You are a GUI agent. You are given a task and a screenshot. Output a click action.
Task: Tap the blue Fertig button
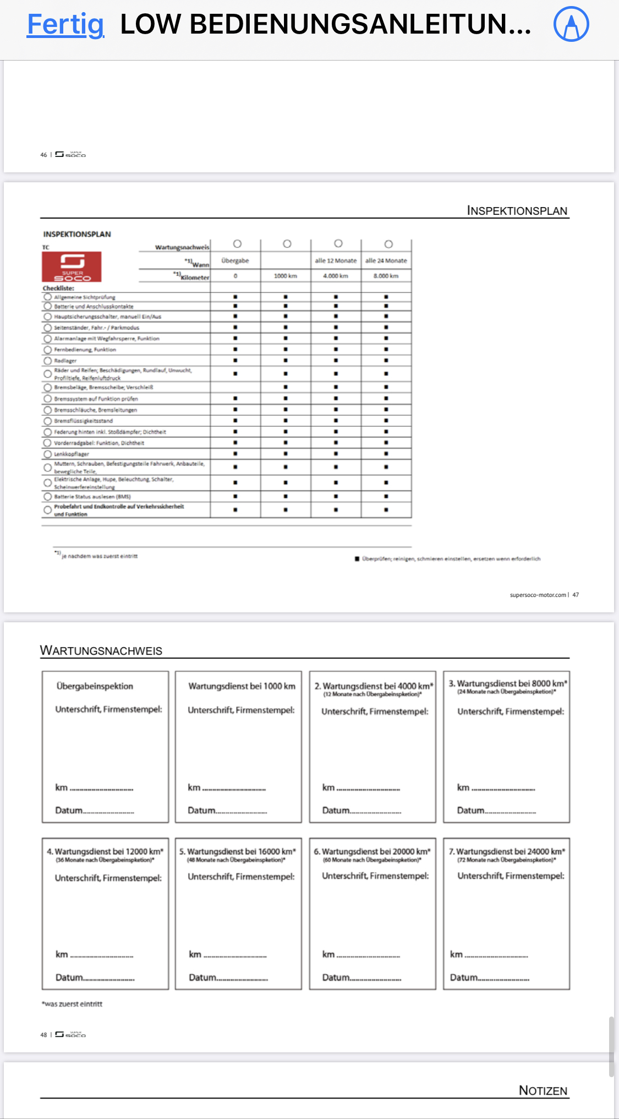65,25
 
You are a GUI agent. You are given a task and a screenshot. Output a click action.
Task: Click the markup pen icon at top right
571,24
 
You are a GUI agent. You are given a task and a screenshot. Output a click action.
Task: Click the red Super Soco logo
72,267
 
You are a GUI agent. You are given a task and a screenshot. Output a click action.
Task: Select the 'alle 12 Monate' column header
336,260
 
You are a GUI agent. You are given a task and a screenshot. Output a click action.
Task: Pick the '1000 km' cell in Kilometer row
286,276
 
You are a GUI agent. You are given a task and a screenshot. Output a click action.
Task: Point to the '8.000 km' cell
386,276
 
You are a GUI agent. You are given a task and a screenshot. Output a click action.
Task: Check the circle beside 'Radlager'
48,361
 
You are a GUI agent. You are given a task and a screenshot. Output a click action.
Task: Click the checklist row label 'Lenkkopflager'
72,454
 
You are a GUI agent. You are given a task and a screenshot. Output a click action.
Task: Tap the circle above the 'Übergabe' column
237,244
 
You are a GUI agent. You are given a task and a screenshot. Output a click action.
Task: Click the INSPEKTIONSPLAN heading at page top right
517,211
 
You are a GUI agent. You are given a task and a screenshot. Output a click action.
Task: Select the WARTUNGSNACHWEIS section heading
101,651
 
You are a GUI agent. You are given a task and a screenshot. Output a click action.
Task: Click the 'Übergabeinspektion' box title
95,686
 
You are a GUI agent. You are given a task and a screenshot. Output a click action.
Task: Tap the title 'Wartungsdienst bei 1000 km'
242,686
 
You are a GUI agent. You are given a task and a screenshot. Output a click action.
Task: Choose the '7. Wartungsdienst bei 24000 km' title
507,851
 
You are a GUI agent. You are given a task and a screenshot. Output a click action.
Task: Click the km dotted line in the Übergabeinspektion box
101,789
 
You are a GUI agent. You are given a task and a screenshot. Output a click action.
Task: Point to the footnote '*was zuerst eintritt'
72,1004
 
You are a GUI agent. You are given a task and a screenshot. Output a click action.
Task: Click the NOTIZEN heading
543,1090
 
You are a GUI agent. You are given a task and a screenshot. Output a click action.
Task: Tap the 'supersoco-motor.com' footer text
538,595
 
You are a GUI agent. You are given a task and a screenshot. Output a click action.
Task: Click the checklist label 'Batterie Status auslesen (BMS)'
92,497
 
